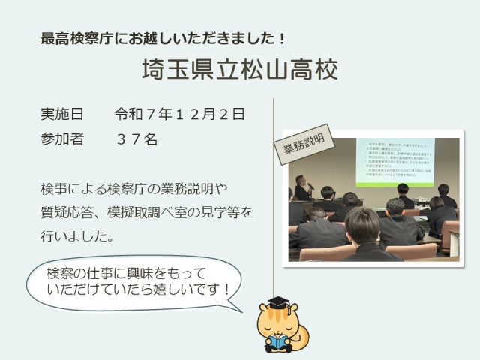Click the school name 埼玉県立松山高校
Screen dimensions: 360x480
click(x=240, y=69)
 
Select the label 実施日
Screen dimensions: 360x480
click(x=61, y=115)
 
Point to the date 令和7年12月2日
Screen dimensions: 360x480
click(x=179, y=115)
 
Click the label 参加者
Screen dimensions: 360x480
click(x=61, y=139)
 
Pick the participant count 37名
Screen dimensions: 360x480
click(x=136, y=139)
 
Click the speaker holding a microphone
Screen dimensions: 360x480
click(x=302, y=187)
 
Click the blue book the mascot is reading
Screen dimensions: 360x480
click(x=275, y=342)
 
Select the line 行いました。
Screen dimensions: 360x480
click(x=77, y=236)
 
